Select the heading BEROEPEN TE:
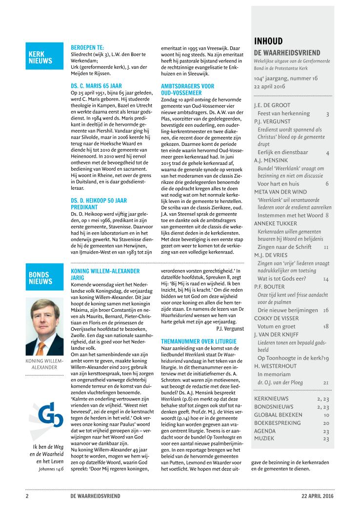pos(88,47)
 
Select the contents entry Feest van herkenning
pos(283,113)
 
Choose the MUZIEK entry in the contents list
pos(264,439)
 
